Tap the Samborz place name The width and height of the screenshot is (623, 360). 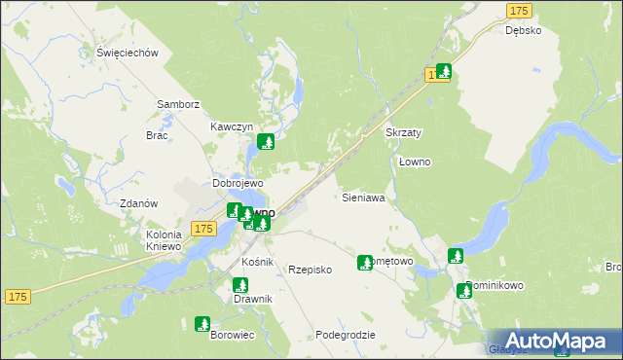coord(178,104)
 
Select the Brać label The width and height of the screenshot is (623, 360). coord(157,135)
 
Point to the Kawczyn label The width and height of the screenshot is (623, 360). coord(232,127)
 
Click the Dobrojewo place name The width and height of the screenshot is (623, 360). coord(238,183)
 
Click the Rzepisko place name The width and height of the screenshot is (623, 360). coord(311,270)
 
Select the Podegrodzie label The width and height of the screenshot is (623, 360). coord(345,334)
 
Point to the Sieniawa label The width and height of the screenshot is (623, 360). coord(364,198)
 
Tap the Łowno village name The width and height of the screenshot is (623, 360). coord(415,162)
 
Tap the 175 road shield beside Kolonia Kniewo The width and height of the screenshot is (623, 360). coord(202,228)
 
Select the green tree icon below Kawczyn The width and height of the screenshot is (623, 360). coord(265,143)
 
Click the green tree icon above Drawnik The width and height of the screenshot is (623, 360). coord(240,285)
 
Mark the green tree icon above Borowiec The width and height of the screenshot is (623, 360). coord(202,323)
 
